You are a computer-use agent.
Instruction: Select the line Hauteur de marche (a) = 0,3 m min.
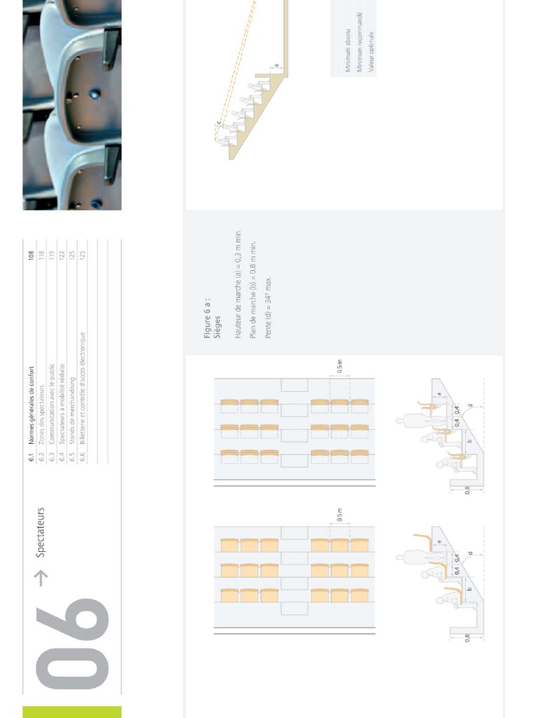click(238, 285)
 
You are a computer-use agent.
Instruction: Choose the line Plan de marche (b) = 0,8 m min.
click(253, 286)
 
